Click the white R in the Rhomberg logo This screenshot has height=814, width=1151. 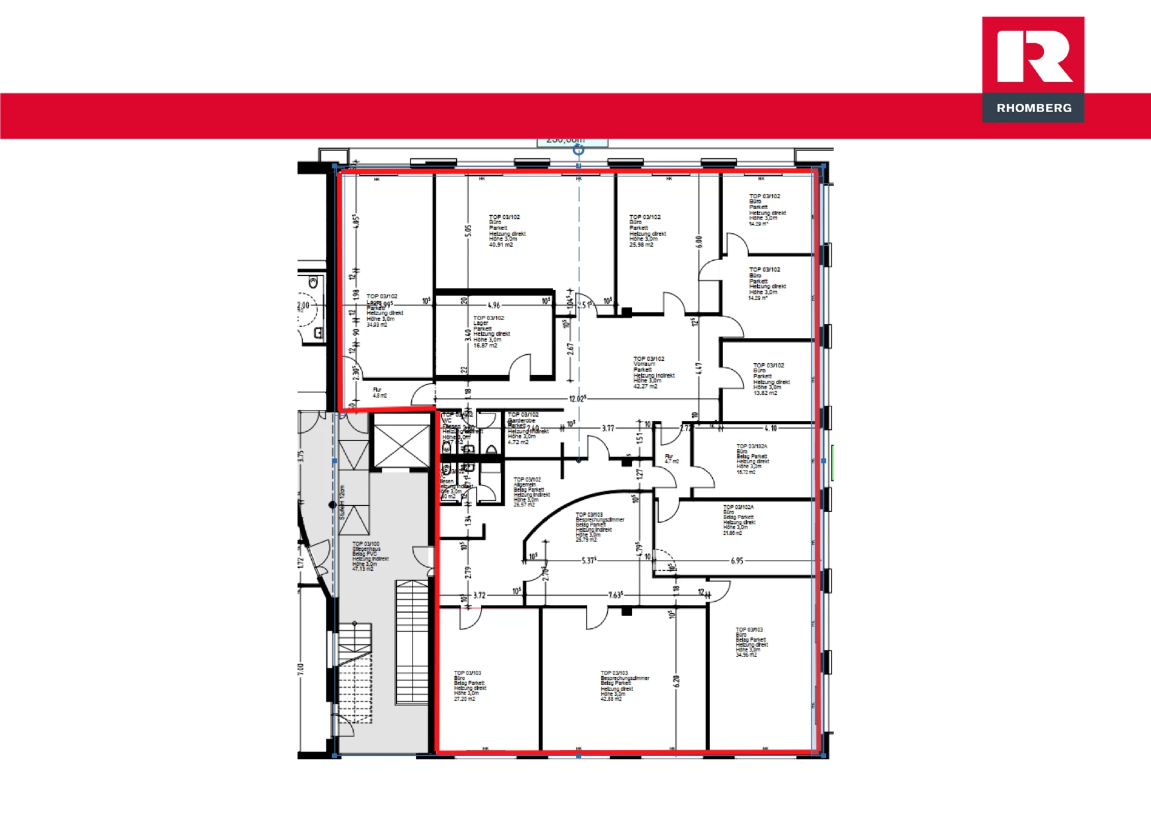click(1034, 56)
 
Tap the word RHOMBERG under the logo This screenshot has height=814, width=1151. click(1034, 108)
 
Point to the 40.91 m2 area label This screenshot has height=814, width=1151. click(501, 245)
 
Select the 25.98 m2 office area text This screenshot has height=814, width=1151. click(641, 245)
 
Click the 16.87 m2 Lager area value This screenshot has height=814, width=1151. click(485, 345)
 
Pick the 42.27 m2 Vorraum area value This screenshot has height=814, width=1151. click(645, 387)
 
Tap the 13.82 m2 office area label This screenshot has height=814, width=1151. click(765, 393)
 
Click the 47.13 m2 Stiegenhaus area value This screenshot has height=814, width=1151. click(363, 569)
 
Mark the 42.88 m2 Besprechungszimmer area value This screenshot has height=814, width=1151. click(611, 699)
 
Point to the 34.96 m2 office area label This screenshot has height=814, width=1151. click(746, 655)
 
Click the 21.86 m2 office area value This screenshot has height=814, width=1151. click(733, 533)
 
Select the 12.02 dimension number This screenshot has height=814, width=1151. click(577, 399)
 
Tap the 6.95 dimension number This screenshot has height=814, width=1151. click(737, 561)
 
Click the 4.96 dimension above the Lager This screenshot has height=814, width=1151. click(493, 305)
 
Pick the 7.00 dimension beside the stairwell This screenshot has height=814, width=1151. click(301, 668)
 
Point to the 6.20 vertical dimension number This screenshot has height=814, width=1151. click(676, 681)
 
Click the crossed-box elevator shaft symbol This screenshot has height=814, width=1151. click(401, 445)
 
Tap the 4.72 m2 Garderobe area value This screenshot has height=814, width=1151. click(518, 442)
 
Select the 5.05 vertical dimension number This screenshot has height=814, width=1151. click(468, 231)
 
